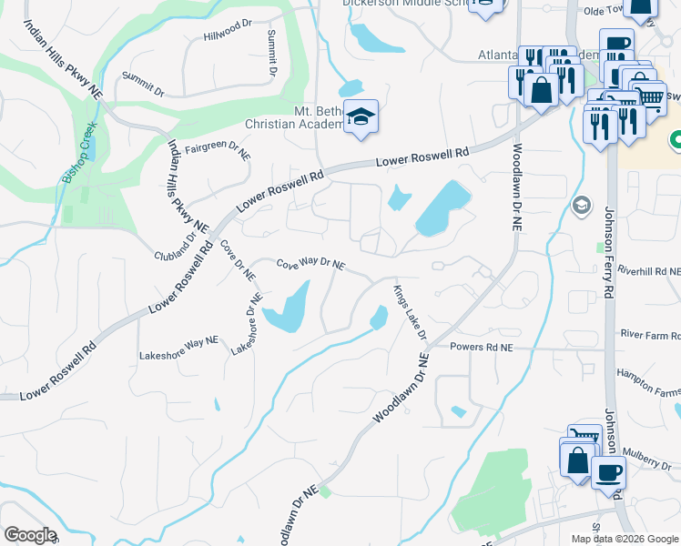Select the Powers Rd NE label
483,348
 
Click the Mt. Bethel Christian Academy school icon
361,118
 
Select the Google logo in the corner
30,535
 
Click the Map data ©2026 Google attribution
625,539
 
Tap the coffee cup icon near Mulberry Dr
608,471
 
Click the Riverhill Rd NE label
648,271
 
